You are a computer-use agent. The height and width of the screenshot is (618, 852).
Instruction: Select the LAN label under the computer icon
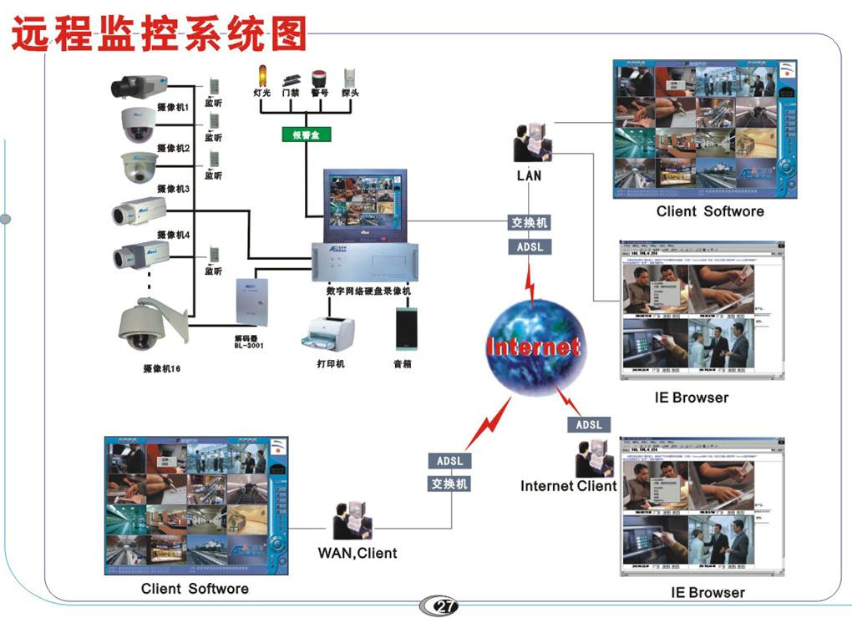[529, 175]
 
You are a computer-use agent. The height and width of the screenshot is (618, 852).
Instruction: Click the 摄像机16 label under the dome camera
[162, 368]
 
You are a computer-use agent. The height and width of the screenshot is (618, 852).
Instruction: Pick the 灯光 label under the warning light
[262, 94]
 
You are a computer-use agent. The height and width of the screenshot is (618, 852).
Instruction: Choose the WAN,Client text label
[357, 553]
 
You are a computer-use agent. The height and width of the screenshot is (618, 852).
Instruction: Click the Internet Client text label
[568, 486]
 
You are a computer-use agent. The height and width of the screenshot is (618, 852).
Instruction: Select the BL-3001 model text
[249, 345]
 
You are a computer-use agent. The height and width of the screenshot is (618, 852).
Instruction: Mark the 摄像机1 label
[173, 108]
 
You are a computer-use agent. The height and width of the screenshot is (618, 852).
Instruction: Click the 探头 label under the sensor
[350, 94]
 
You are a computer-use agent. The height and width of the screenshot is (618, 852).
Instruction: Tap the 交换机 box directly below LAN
[530, 224]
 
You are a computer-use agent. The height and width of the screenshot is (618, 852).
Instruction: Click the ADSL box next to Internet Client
[588, 425]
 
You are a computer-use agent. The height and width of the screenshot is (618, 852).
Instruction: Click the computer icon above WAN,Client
[352, 522]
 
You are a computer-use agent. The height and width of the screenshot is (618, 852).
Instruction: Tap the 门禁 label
[291, 94]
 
